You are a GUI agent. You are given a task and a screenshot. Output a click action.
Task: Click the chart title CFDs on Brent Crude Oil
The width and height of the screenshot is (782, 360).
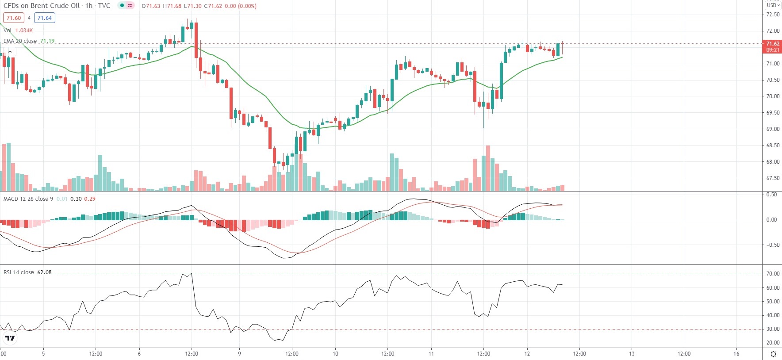pos(42,6)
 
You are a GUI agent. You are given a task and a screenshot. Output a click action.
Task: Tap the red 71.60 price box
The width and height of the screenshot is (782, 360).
pos(14,18)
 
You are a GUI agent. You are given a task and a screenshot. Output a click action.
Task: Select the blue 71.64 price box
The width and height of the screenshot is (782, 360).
pos(45,18)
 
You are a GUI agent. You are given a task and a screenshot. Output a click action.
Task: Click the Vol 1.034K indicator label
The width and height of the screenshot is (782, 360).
pos(18,31)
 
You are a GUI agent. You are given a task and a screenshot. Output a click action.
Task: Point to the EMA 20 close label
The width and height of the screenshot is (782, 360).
pos(20,41)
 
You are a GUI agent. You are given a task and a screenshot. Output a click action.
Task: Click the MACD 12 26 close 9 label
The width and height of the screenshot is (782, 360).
pos(28,199)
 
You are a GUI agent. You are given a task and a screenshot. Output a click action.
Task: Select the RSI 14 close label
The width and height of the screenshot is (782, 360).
pos(19,272)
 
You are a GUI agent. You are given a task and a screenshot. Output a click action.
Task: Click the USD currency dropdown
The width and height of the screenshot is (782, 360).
pos(773,5)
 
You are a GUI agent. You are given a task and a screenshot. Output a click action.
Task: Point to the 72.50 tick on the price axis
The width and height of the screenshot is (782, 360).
pos(773,15)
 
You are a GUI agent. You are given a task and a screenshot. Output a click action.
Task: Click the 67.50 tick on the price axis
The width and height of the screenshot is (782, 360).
pos(773,178)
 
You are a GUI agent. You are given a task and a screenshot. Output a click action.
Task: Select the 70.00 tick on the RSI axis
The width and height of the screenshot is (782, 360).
pos(773,274)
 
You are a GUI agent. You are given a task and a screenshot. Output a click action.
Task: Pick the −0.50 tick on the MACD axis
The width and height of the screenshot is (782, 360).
pos(772,245)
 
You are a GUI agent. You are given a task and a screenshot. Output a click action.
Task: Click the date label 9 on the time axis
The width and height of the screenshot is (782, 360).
pos(239,353)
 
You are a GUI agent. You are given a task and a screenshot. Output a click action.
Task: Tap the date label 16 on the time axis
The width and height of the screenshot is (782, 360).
pos(736,353)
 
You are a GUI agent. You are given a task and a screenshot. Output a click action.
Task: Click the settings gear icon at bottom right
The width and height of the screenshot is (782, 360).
pos(773,354)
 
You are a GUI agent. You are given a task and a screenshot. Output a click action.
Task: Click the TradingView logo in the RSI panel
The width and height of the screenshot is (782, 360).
pos(10,338)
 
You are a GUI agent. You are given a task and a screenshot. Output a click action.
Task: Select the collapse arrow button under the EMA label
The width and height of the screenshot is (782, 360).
pos(10,52)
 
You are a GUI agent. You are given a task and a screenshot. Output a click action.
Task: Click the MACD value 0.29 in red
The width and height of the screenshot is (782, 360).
pos(90,199)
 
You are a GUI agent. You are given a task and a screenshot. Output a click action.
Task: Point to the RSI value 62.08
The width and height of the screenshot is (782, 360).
pos(44,272)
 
